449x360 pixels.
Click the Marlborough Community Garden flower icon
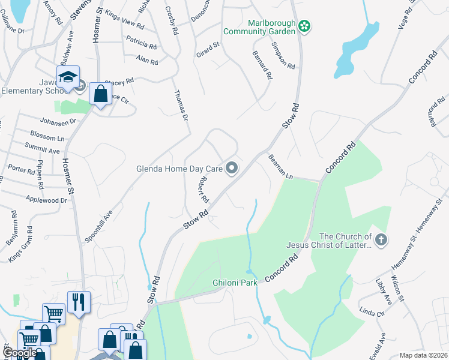pos(304,25)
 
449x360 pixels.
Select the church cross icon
pos(381,240)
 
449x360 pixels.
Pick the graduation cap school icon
pos(68,77)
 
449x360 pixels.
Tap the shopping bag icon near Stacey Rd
pos(100,94)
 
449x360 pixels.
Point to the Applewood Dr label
pos(46,200)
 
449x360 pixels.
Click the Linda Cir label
pos(371,313)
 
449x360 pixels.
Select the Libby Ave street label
pos(382,292)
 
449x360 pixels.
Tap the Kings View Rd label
pos(124,19)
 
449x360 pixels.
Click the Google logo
pos(19,353)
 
